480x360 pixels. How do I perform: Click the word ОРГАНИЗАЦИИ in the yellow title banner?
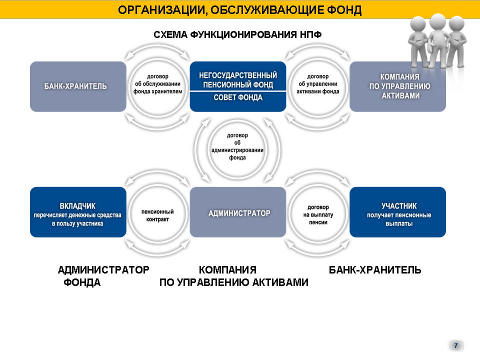[159, 10]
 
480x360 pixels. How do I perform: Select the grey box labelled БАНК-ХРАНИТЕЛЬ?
[78, 86]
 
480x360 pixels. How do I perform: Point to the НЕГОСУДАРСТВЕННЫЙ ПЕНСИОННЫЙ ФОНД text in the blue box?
[238, 80]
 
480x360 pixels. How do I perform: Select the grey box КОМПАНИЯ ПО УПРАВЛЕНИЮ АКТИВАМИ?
[397, 86]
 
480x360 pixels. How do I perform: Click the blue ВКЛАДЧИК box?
[78, 212]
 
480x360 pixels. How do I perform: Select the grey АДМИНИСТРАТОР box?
[238, 212]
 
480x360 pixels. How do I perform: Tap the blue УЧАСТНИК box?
[397, 212]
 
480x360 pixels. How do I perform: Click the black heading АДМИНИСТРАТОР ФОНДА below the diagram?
[103, 276]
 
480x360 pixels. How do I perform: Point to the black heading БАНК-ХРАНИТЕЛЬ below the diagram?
[375, 270]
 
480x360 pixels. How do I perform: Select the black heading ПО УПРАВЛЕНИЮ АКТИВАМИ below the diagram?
[234, 282]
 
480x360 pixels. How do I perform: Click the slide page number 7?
[456, 345]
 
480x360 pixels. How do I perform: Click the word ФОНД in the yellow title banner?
[344, 10]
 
